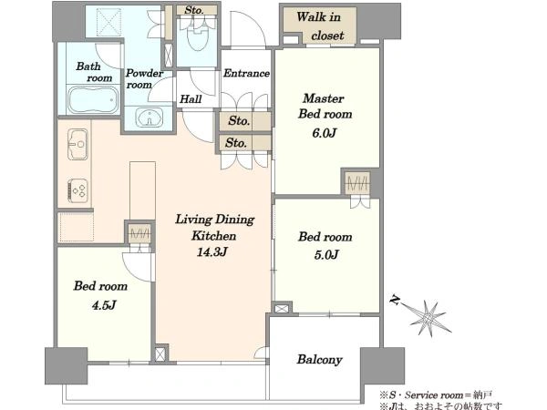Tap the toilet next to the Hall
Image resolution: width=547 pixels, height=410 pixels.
point(198,36)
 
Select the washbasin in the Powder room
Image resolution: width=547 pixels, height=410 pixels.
point(150,118)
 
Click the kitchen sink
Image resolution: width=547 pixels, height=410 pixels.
point(77,144)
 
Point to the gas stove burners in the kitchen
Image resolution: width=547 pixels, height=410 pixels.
point(77,190)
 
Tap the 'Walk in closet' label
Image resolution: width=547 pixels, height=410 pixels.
point(320,26)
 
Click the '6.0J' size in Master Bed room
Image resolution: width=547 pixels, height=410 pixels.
point(324,133)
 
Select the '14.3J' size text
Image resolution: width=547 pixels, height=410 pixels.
point(212,251)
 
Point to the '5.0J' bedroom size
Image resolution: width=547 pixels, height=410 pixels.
point(326,255)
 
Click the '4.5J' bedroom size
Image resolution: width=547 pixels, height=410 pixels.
point(104,305)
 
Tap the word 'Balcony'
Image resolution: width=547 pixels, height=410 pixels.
point(320,360)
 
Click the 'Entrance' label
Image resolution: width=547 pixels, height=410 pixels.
point(246,73)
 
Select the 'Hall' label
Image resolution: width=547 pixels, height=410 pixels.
point(191,99)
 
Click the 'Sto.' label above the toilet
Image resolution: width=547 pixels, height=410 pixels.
point(194,10)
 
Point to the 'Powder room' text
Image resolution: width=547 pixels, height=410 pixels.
point(144,78)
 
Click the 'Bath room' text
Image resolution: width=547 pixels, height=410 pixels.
point(94,72)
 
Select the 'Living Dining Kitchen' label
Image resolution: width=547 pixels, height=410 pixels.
point(214,227)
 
